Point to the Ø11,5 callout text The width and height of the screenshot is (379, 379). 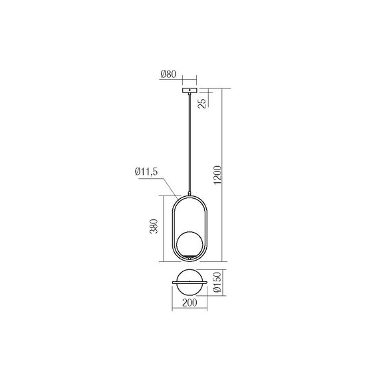pos(145,172)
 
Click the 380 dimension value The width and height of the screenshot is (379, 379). pos(154,228)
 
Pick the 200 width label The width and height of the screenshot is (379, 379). pos(189,303)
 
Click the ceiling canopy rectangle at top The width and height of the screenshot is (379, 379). pos(189,88)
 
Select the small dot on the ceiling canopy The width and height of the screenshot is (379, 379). pos(189,88)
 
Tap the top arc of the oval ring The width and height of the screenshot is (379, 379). pos(189,195)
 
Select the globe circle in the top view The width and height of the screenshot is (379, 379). pos(189,282)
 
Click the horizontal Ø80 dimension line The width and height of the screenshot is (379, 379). pos(189,78)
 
